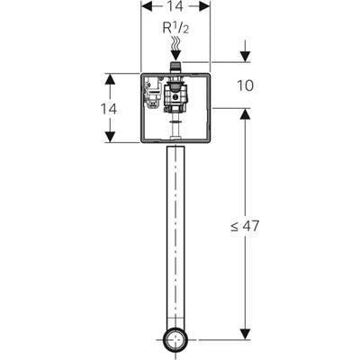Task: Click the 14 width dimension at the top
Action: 175,6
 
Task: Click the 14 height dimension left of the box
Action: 108,109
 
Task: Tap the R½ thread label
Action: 175,28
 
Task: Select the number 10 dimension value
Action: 245,85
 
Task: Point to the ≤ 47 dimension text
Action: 245,226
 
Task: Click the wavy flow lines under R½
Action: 175,42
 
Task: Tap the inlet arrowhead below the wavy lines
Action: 175,56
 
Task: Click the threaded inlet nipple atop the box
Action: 175,67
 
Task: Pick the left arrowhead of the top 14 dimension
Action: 147,6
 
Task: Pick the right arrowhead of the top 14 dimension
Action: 204,6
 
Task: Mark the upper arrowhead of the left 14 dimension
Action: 110,79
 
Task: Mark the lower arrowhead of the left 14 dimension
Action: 110,137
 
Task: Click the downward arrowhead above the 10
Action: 246,57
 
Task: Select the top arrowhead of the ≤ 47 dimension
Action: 246,114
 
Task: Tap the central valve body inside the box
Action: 175,97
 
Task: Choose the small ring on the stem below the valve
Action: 175,122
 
